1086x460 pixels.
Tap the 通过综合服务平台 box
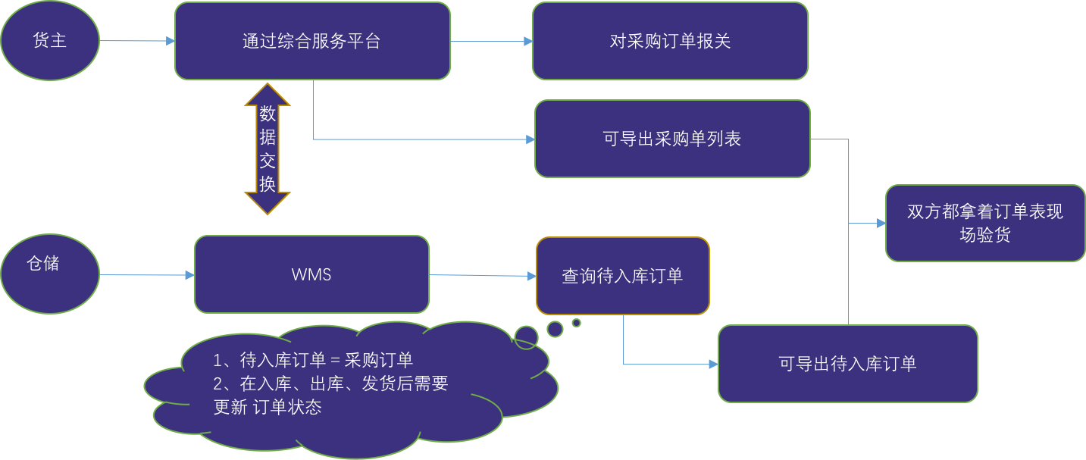click(312, 41)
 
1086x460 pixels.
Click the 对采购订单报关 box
click(670, 41)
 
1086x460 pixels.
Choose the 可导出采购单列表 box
click(672, 139)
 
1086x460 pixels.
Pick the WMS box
click(311, 274)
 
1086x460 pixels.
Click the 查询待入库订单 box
click(622, 276)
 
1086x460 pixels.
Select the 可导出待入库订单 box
click(847, 364)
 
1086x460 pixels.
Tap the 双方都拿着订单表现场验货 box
click(985, 224)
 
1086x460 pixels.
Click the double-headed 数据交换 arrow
click(268, 149)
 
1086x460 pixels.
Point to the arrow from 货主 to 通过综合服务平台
click(136, 42)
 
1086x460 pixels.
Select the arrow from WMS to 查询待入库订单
click(482, 276)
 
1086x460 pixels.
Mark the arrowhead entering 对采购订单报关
click(528, 42)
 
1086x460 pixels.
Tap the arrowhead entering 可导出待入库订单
click(713, 365)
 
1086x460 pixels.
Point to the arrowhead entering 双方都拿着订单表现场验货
click(881, 224)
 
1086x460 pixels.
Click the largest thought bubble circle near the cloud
click(526, 336)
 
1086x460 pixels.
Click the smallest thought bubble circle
click(576, 323)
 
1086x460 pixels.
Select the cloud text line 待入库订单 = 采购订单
click(313, 360)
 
